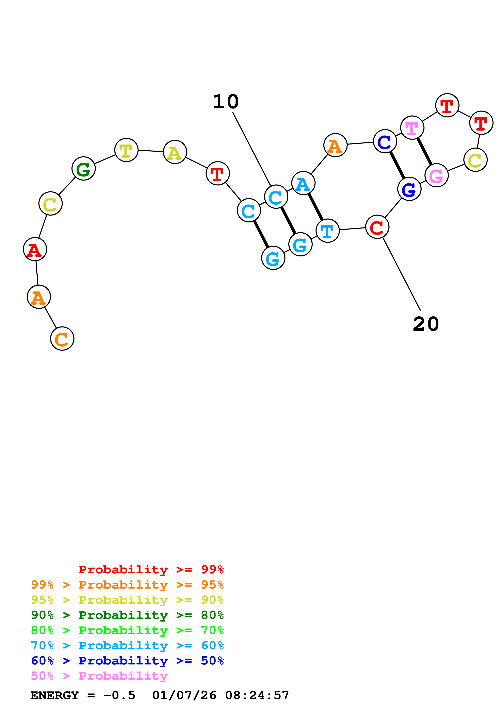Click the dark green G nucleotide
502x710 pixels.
(x=83, y=169)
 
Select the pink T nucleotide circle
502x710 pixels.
(x=412, y=128)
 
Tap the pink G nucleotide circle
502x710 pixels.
(x=436, y=175)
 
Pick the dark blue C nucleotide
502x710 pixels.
(x=385, y=142)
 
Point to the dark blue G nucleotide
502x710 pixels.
(x=409, y=189)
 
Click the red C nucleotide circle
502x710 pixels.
(x=377, y=227)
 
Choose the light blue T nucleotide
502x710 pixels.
(x=328, y=231)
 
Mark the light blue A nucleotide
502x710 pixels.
(x=303, y=183)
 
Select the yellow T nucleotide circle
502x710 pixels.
(x=126, y=150)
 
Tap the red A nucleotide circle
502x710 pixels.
(x=35, y=249)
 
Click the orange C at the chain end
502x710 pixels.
(x=62, y=339)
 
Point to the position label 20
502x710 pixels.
(x=426, y=324)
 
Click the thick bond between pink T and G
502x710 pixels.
(x=424, y=152)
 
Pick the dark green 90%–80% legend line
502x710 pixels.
(x=127, y=615)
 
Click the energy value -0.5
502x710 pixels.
(x=119, y=695)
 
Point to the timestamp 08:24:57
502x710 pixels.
(x=257, y=695)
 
